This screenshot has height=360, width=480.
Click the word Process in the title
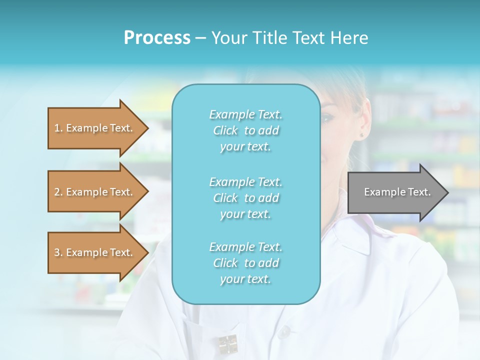click(x=157, y=38)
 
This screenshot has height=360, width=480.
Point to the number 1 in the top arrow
click(x=57, y=128)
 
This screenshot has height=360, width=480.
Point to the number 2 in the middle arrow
click(x=57, y=192)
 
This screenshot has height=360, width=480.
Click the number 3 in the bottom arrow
click(x=57, y=252)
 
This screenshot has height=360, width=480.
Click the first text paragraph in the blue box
click(x=245, y=130)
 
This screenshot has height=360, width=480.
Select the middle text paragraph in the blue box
click(x=245, y=198)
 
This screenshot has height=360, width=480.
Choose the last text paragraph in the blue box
click(x=245, y=263)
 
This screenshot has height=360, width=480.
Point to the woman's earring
click(x=361, y=135)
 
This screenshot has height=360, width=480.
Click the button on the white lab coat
click(x=284, y=331)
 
